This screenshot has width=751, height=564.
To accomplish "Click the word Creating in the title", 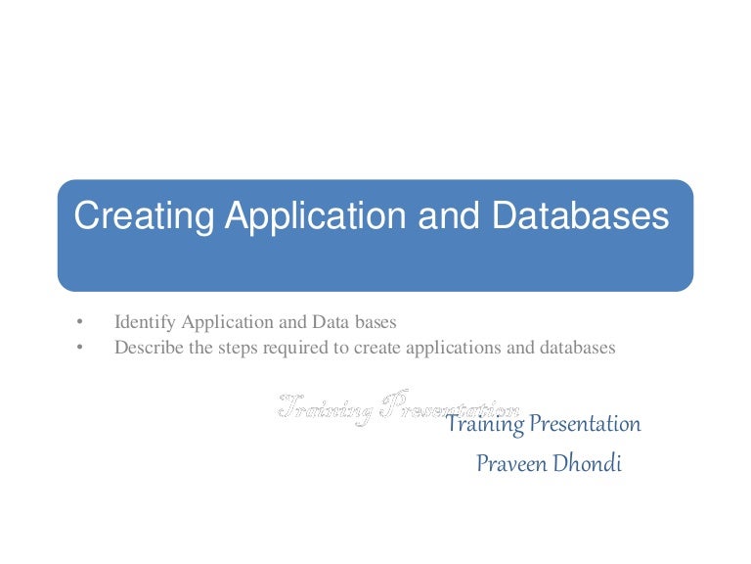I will [x=145, y=216].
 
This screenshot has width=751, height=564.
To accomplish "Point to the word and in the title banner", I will [x=443, y=216].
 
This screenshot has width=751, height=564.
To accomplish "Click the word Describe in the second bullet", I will [x=148, y=347].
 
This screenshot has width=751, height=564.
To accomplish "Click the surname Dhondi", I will [x=586, y=463].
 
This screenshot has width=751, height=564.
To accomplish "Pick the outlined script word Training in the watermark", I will [x=325, y=407].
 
